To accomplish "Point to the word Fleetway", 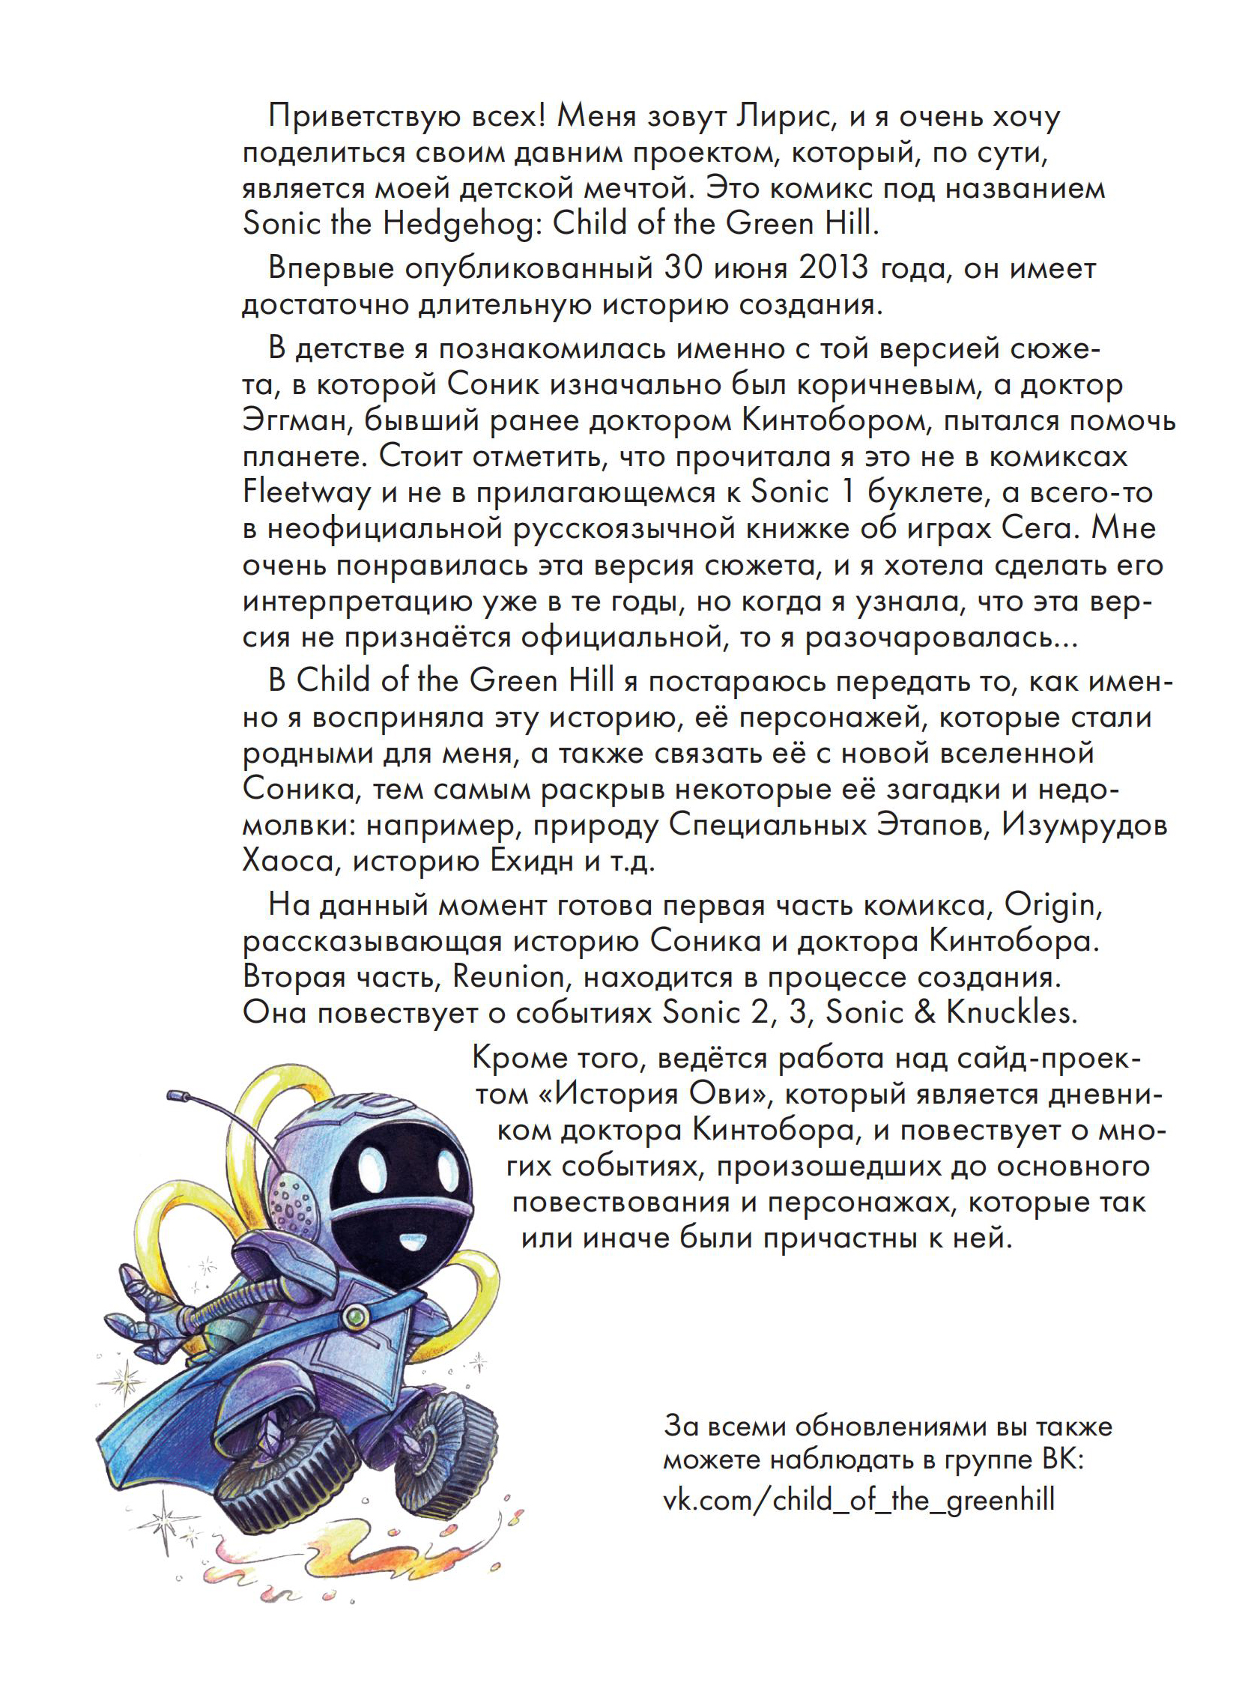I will pyautogui.click(x=306, y=493).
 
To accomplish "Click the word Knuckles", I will pyautogui.click(x=1008, y=1013).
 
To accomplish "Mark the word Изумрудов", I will pyautogui.click(x=1084, y=825).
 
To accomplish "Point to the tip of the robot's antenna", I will pyautogui.click(x=178, y=1093).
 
